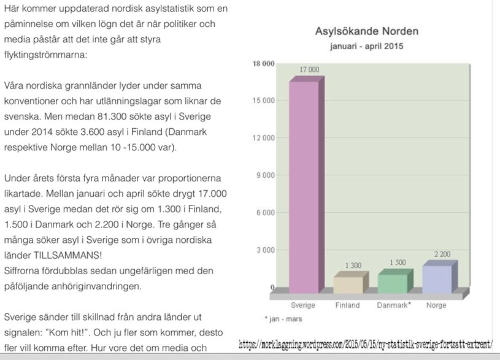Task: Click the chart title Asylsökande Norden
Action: (358, 31)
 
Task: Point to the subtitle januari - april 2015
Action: (359, 46)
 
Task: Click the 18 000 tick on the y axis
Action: (264, 64)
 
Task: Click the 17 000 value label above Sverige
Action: (309, 69)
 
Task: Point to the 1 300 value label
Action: (353, 266)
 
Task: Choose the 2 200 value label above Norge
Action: (442, 253)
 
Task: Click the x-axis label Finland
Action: (348, 305)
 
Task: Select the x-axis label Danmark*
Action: (394, 305)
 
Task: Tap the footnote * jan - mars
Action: (284, 319)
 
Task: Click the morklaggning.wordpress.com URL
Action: (366, 344)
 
